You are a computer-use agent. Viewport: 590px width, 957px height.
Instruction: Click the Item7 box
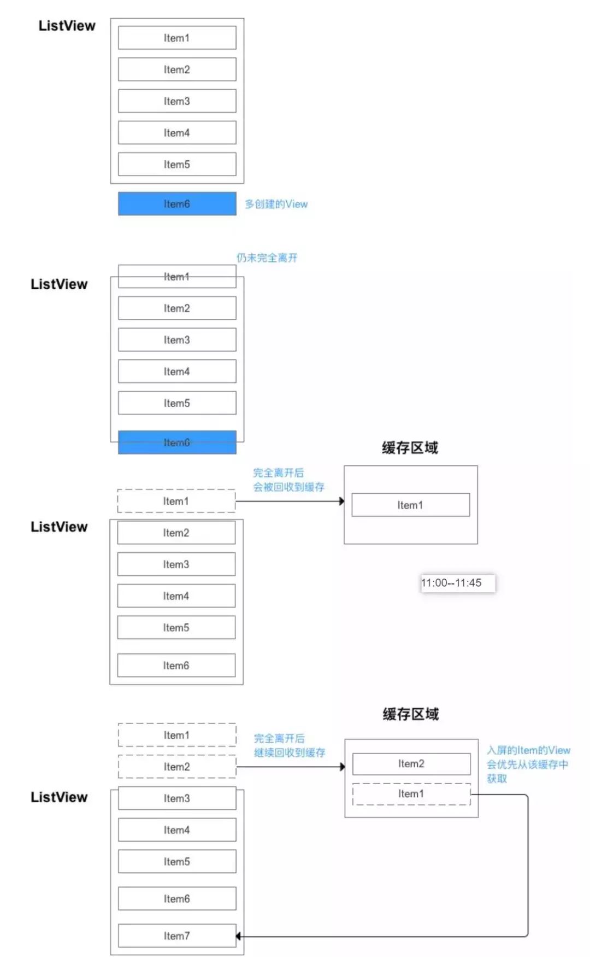click(177, 936)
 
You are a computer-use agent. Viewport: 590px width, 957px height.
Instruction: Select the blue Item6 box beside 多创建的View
click(177, 204)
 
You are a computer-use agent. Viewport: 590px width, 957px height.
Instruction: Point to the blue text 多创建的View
click(276, 204)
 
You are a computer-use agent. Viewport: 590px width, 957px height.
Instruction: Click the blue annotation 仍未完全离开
click(267, 258)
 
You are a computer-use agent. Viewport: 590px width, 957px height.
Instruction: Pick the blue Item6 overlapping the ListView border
click(177, 442)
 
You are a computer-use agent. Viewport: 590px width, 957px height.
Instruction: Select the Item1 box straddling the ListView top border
click(177, 277)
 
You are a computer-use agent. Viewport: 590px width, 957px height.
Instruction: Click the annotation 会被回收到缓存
click(288, 487)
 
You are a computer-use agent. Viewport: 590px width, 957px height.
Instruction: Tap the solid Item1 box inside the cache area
click(410, 505)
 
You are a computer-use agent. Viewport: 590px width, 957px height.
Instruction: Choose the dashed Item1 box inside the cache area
click(411, 794)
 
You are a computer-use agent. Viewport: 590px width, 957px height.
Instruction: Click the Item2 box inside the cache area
click(411, 764)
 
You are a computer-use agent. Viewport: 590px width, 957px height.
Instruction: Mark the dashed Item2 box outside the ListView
click(177, 767)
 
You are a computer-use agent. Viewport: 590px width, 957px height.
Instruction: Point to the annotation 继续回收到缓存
click(290, 752)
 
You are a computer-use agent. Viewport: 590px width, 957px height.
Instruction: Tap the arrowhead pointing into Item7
click(239, 936)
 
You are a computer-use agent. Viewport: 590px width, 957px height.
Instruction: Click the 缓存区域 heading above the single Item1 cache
click(410, 448)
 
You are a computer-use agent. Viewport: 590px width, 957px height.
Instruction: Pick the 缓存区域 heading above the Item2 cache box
click(410, 714)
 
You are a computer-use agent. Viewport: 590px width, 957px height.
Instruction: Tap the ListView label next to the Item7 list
click(59, 797)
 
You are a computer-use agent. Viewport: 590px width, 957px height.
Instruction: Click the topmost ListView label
click(67, 26)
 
